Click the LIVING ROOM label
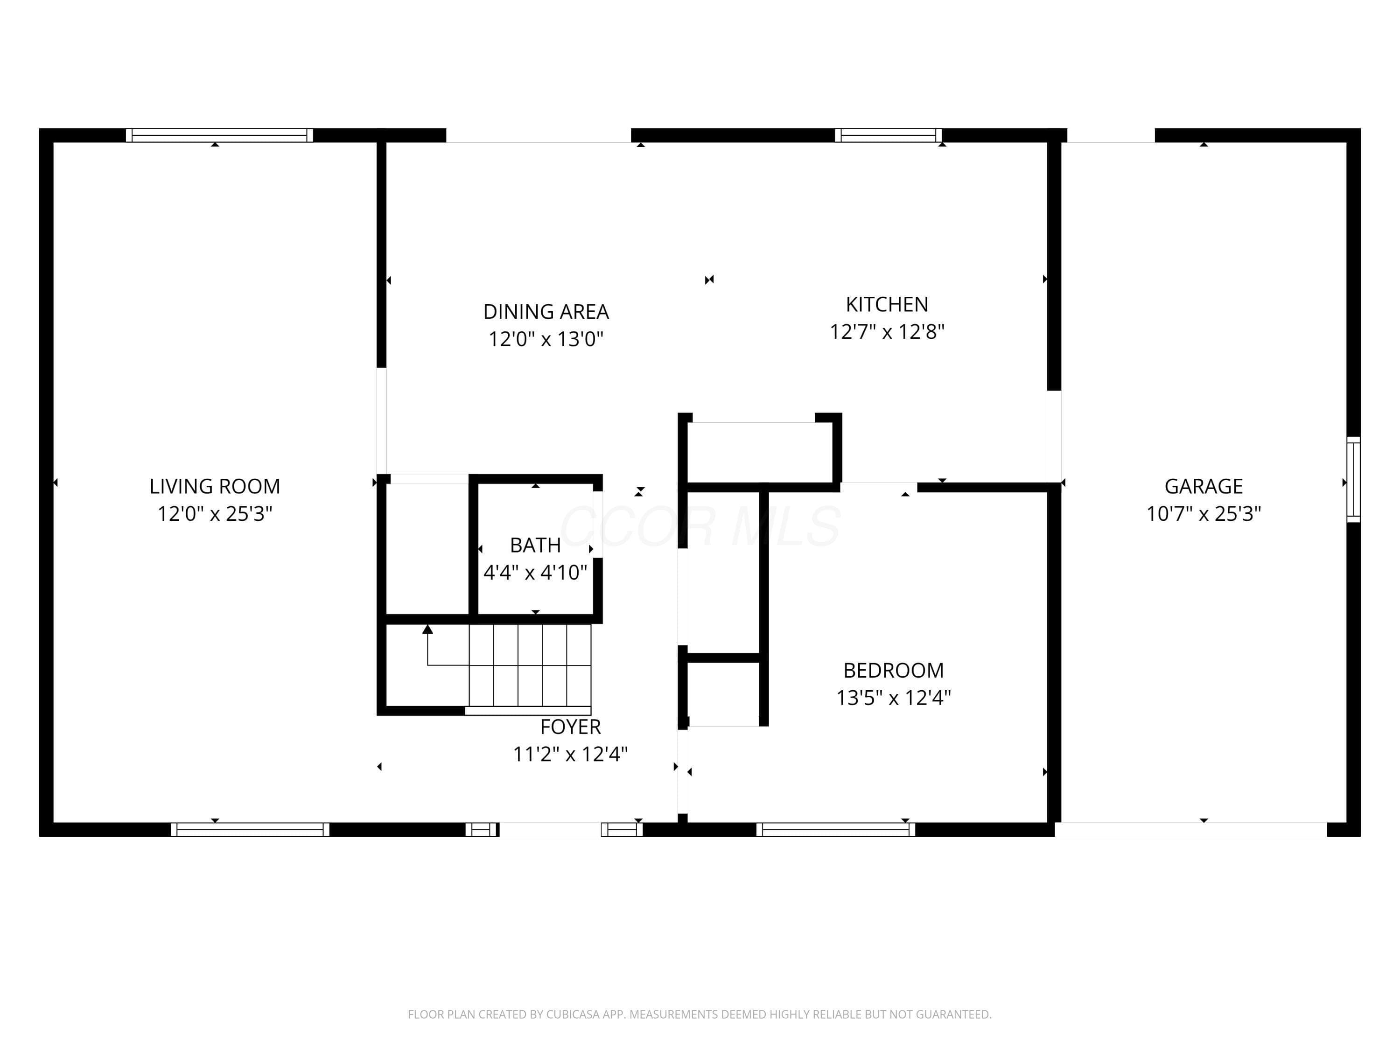[215, 486]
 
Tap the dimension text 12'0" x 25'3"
[215, 513]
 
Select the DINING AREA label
[546, 311]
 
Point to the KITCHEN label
[887, 304]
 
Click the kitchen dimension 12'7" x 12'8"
[887, 332]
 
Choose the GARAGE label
[1203, 486]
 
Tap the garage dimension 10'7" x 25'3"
[1203, 513]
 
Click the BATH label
[535, 545]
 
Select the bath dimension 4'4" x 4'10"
[535, 572]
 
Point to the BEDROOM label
[893, 670]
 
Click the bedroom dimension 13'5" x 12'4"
[893, 698]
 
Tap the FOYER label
[570, 727]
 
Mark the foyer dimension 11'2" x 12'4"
[570, 754]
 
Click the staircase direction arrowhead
[428, 629]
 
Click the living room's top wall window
[219, 135]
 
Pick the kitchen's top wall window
[888, 135]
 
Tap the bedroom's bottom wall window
[835, 830]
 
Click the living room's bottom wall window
[250, 830]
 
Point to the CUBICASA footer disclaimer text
[700, 1015]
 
